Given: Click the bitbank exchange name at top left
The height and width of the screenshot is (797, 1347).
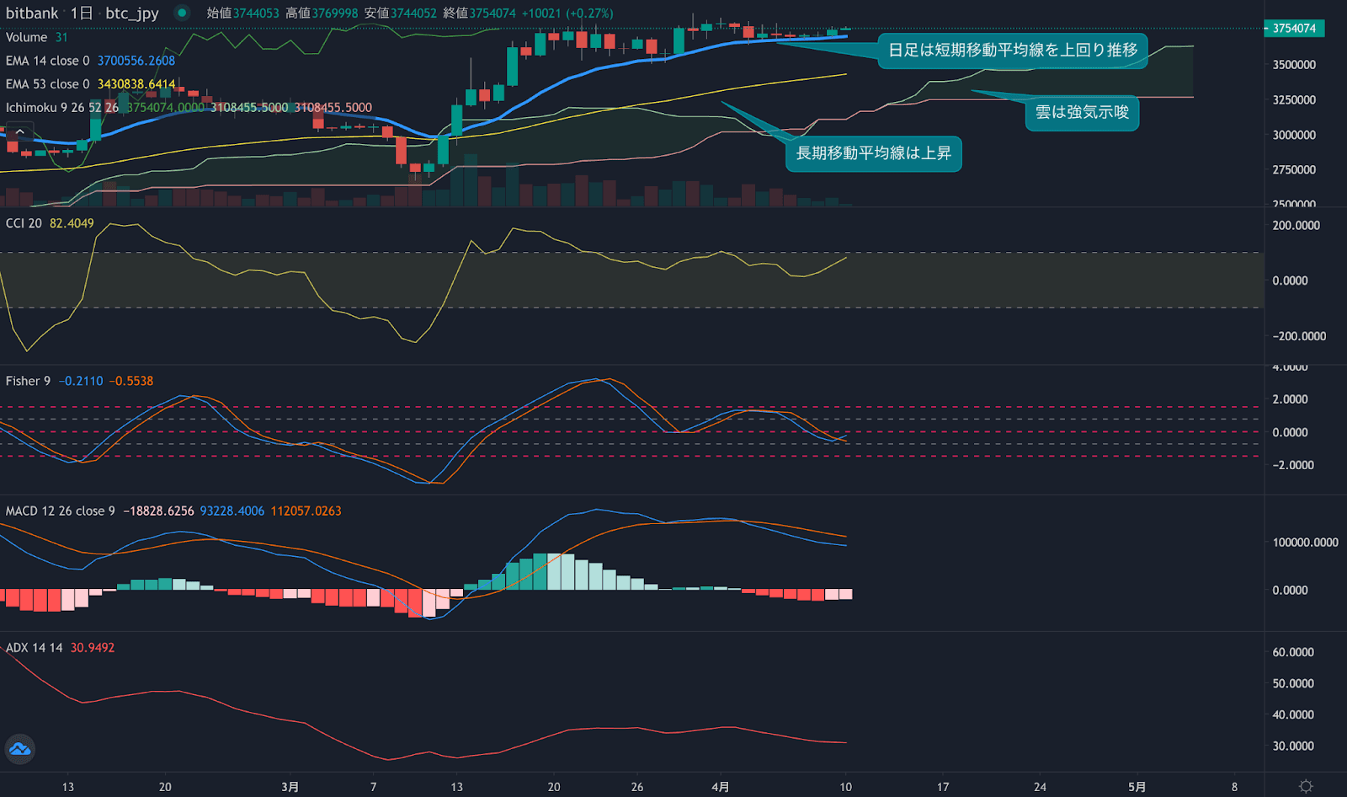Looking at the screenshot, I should (x=32, y=13).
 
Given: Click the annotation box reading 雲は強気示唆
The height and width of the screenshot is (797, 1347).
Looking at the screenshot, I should (x=1082, y=113).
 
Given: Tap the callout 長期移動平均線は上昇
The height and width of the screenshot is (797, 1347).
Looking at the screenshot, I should (x=873, y=153).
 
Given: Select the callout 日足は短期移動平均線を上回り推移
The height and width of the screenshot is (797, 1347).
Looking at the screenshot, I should (x=1013, y=51).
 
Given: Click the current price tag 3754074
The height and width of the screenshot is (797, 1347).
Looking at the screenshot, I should (x=1294, y=28).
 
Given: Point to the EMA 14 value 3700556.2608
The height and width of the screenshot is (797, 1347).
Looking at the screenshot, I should (x=136, y=61).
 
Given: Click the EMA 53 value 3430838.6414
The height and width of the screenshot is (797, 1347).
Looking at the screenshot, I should (x=136, y=84).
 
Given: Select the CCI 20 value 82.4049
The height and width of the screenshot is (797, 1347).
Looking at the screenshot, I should (x=72, y=223).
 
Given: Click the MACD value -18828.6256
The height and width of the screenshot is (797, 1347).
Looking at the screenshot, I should (x=158, y=511).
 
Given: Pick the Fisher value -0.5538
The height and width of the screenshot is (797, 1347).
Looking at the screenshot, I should (x=131, y=382).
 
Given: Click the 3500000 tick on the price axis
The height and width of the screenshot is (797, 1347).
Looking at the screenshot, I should (x=1294, y=65).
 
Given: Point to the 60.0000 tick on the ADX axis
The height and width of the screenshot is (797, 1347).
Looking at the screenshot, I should (x=1293, y=652).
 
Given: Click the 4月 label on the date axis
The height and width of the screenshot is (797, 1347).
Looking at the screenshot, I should (x=720, y=787).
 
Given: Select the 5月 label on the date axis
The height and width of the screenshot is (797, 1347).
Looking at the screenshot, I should (x=1137, y=787).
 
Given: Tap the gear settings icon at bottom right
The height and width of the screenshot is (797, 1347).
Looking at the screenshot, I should (x=1306, y=786).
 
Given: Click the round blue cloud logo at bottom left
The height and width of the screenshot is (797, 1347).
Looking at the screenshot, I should (x=19, y=749).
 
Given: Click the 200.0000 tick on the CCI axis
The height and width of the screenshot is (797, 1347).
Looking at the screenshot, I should (x=1296, y=226).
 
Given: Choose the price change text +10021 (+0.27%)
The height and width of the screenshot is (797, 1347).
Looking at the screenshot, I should (x=567, y=13).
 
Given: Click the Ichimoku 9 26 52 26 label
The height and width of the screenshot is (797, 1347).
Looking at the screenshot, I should (x=62, y=108).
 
